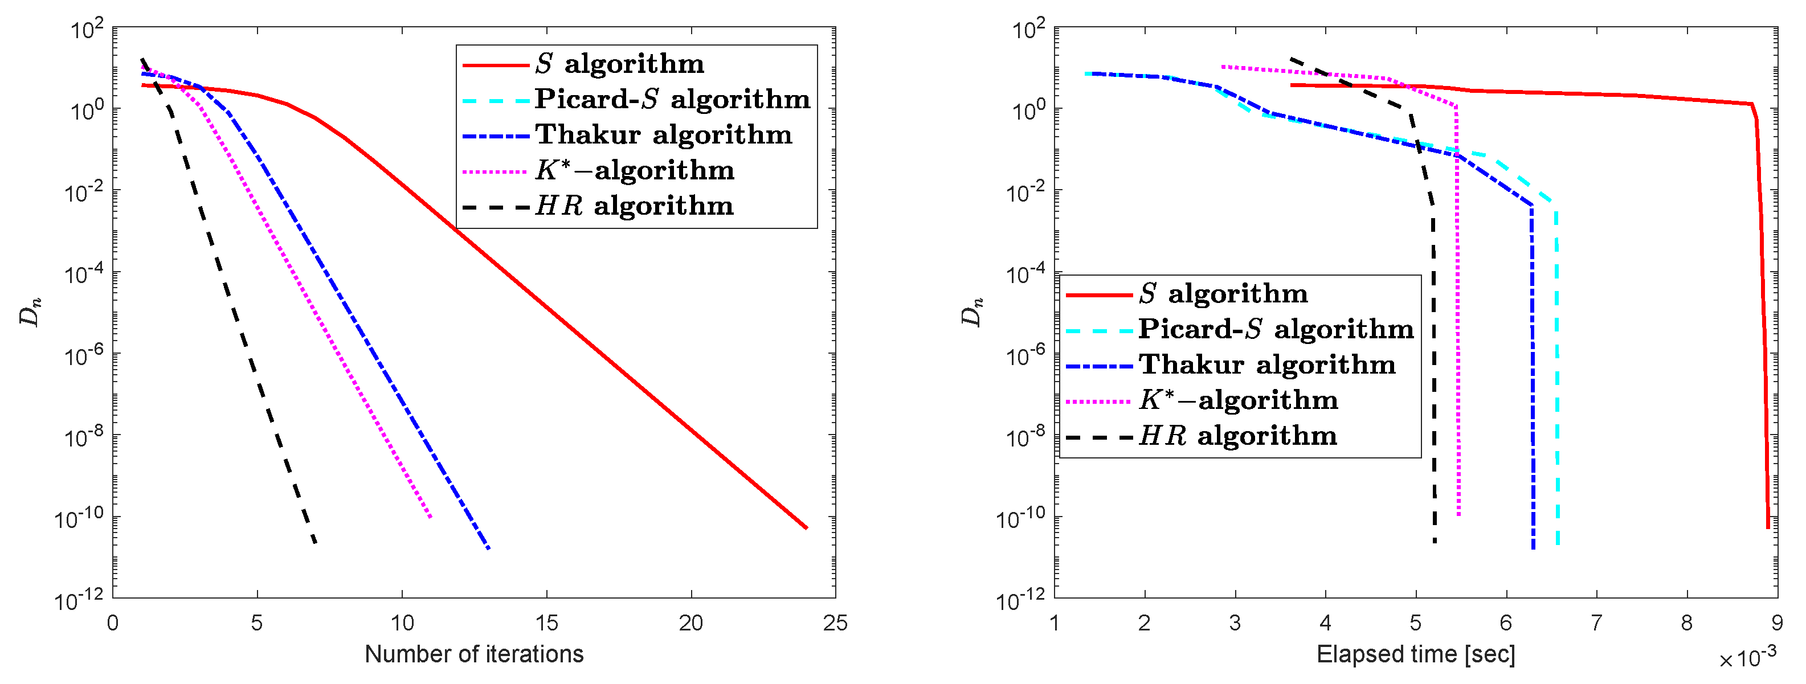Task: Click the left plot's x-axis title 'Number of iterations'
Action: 474,654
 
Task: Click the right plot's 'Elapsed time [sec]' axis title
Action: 1416,654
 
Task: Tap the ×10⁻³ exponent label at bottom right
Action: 1747,658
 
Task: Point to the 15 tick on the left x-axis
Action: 546,622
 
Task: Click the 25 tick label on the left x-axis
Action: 835,622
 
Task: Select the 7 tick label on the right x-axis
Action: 1596,622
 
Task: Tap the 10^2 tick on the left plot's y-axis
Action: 87,30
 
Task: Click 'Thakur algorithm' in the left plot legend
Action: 663,134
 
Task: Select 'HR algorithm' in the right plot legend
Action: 1237,436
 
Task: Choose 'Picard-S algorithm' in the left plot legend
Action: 672,99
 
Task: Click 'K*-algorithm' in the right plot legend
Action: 1238,400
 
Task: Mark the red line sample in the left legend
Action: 495,65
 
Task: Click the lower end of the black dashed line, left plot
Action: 315,542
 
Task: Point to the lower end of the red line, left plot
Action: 806,528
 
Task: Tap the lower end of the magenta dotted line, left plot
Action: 431,517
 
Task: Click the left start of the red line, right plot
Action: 1292,85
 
